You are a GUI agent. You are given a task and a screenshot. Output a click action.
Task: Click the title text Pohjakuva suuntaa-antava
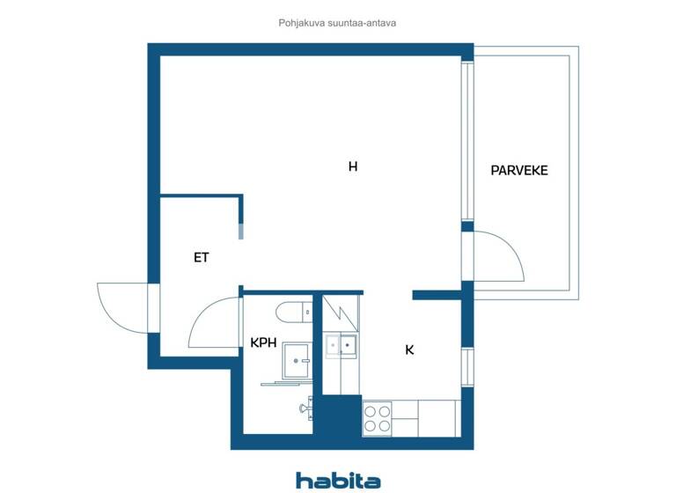tap(337, 23)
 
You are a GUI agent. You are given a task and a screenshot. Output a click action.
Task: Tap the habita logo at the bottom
tap(338, 480)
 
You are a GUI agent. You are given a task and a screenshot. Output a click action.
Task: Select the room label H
tap(352, 166)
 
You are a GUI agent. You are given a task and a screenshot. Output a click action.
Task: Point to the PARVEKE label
tap(519, 171)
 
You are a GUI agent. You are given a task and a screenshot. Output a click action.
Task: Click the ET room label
tap(202, 258)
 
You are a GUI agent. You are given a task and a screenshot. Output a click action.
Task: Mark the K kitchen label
tap(409, 350)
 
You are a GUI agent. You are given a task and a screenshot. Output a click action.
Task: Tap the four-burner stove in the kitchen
tap(378, 417)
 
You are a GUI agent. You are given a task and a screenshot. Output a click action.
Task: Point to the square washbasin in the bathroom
tap(296, 359)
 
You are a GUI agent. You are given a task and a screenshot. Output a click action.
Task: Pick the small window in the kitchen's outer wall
tap(467, 365)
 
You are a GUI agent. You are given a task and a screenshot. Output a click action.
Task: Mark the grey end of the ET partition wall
tap(241, 231)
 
